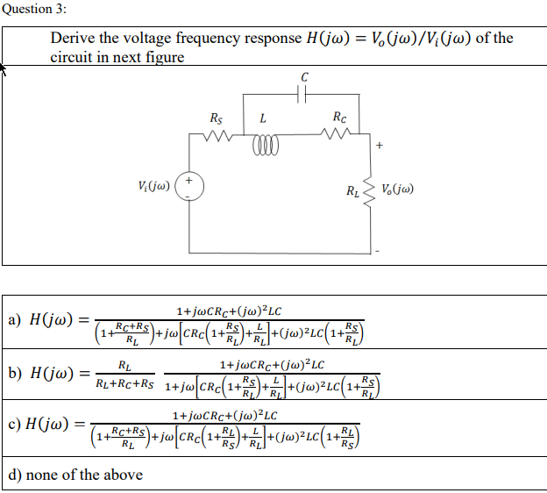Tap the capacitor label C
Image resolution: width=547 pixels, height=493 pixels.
(304, 77)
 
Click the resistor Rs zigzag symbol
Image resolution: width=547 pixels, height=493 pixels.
(217, 137)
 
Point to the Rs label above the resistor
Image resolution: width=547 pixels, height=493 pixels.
(217, 118)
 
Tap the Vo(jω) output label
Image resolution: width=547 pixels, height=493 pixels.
(399, 188)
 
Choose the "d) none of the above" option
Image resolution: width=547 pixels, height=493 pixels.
(75, 475)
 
